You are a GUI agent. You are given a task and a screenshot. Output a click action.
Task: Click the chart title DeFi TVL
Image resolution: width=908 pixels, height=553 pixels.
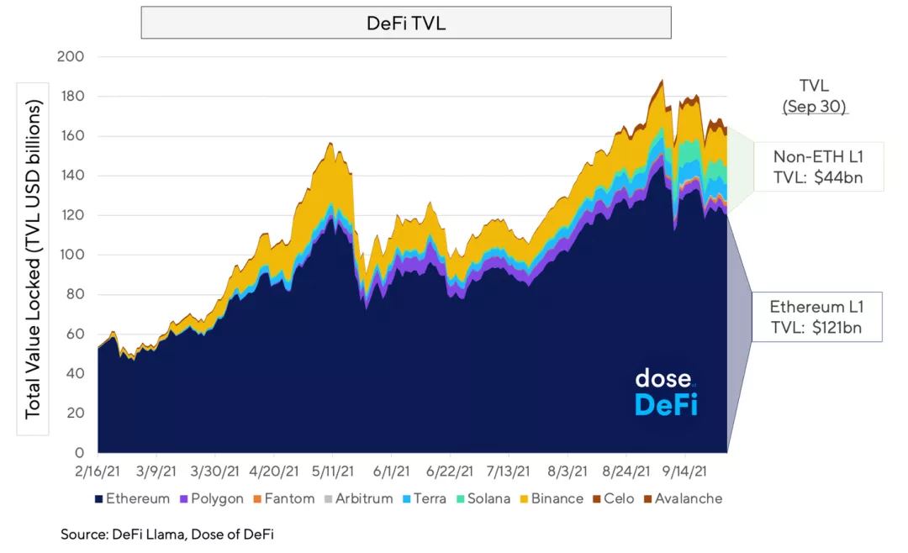(x=406, y=24)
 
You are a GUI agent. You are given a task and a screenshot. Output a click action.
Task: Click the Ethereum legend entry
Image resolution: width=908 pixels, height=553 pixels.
(x=133, y=498)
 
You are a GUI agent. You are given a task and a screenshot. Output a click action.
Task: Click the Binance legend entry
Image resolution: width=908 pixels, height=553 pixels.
(x=551, y=498)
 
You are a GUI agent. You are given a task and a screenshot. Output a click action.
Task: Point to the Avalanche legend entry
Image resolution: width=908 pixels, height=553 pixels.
(x=683, y=498)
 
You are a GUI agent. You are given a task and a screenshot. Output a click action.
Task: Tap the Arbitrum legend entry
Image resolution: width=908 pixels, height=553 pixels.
(x=357, y=498)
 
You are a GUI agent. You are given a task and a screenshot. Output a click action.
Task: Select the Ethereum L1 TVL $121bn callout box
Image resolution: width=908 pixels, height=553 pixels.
(x=816, y=317)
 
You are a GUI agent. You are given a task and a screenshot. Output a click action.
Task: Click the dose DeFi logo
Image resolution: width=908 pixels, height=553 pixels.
(x=666, y=392)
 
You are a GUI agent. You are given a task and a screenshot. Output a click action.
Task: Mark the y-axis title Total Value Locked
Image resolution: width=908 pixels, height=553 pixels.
(x=34, y=261)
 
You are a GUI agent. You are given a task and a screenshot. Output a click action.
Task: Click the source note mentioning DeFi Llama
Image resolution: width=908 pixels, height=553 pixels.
(x=166, y=534)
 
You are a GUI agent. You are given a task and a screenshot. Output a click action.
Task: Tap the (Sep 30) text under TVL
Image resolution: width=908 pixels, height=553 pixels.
(x=815, y=108)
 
